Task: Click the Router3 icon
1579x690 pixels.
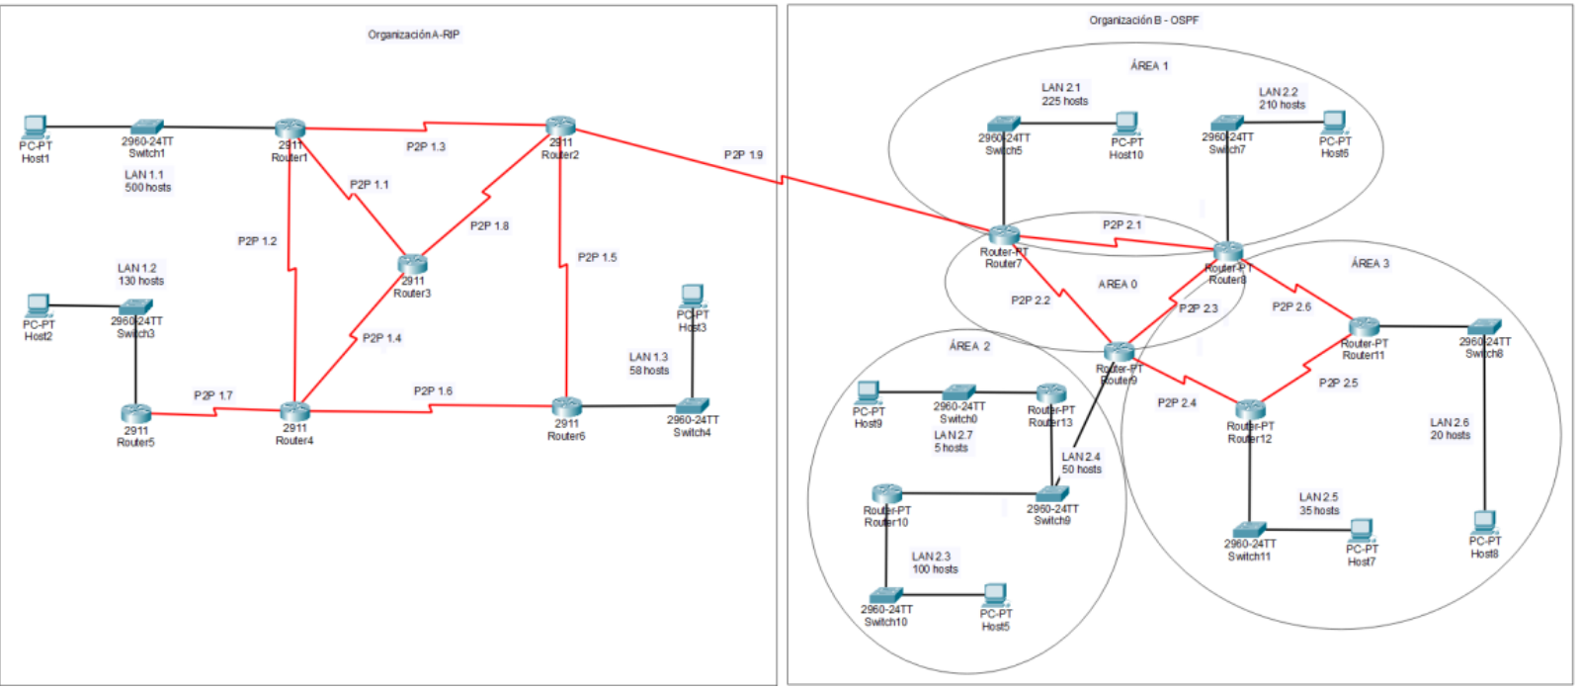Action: click(x=412, y=265)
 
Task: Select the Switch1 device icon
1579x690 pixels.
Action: click(x=147, y=127)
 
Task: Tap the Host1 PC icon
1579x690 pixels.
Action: click(x=36, y=128)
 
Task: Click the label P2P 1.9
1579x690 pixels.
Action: click(x=743, y=155)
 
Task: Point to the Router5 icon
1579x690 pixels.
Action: click(x=136, y=413)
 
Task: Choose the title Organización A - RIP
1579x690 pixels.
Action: click(x=413, y=35)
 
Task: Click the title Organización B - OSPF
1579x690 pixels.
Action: click(x=1143, y=20)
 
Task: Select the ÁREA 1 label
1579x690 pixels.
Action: click(x=1149, y=66)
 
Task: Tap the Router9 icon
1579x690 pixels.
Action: click(x=1119, y=351)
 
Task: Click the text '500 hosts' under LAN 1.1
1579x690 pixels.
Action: click(x=148, y=188)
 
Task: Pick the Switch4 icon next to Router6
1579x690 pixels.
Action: click(x=693, y=405)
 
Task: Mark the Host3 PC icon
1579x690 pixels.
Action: click(x=693, y=295)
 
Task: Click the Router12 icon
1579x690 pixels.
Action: click(x=1250, y=409)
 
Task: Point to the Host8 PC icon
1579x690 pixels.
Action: click(x=1484, y=521)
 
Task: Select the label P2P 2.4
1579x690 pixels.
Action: click(x=1177, y=403)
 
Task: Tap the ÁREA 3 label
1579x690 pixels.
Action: click(x=1370, y=264)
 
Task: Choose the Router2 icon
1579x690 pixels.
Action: click(x=560, y=127)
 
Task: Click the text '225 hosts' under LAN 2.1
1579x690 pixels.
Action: click(x=1064, y=101)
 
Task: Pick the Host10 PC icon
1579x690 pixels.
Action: click(x=1125, y=123)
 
